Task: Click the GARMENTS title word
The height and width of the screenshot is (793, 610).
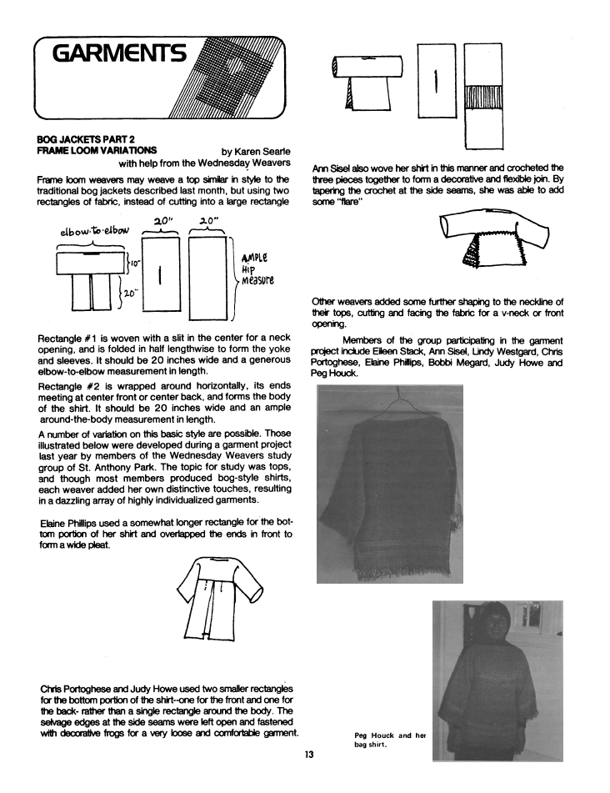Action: pyautogui.click(x=120, y=56)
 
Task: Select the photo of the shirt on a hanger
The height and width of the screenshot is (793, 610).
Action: pyautogui.click(x=390, y=484)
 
